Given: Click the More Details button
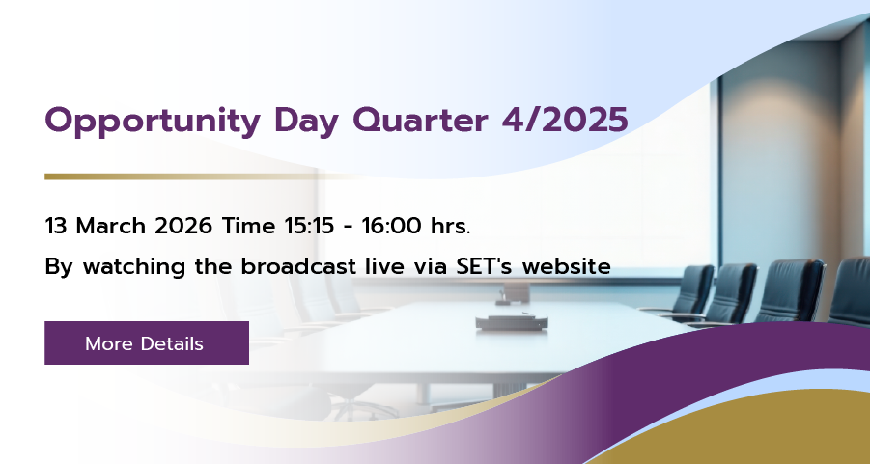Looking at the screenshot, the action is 147,342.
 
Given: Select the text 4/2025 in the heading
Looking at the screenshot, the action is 565,120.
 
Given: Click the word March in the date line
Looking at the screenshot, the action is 111,226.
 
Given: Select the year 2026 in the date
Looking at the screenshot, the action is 183,226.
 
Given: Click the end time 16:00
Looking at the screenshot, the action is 392,226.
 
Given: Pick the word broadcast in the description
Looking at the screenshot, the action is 298,266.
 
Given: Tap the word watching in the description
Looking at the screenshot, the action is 134,267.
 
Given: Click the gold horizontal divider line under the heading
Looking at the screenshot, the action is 206,177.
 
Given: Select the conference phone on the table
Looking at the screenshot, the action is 511,321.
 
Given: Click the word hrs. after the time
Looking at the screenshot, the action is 451,226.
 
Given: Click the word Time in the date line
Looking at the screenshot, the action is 248,226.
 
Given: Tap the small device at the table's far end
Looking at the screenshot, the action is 514,293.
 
